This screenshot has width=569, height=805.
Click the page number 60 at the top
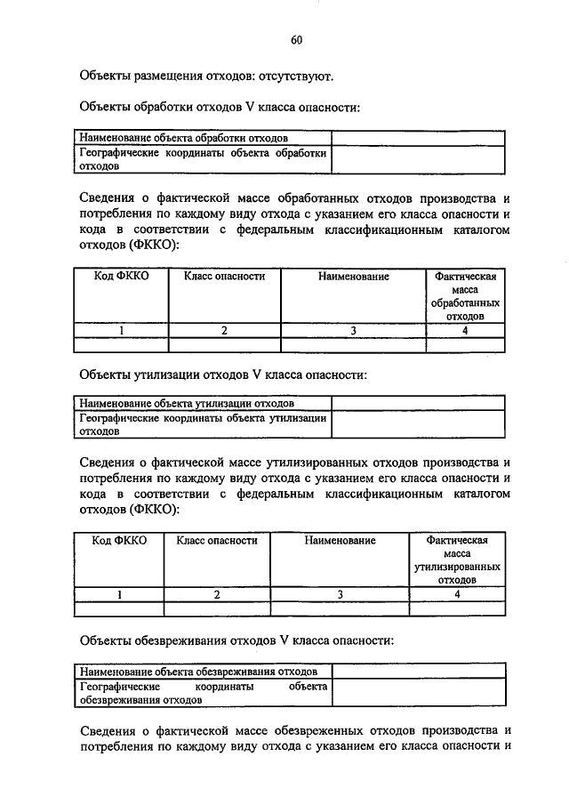click(297, 39)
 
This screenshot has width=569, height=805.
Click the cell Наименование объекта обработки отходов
click(183, 139)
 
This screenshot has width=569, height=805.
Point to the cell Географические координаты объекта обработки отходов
click(202, 159)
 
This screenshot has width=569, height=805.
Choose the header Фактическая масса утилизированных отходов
click(457, 559)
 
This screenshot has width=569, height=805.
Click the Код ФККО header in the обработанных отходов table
click(121, 277)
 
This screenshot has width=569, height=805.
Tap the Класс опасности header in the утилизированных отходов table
click(217, 540)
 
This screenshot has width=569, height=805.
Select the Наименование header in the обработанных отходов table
click(354, 277)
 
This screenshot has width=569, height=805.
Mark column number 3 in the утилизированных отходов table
click(340, 594)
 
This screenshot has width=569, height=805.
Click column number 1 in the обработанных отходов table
click(121, 331)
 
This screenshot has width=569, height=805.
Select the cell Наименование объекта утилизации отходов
click(187, 403)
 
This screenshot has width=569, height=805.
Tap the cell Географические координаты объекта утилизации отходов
click(202, 423)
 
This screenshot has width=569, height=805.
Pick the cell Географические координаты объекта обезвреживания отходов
click(202, 693)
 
